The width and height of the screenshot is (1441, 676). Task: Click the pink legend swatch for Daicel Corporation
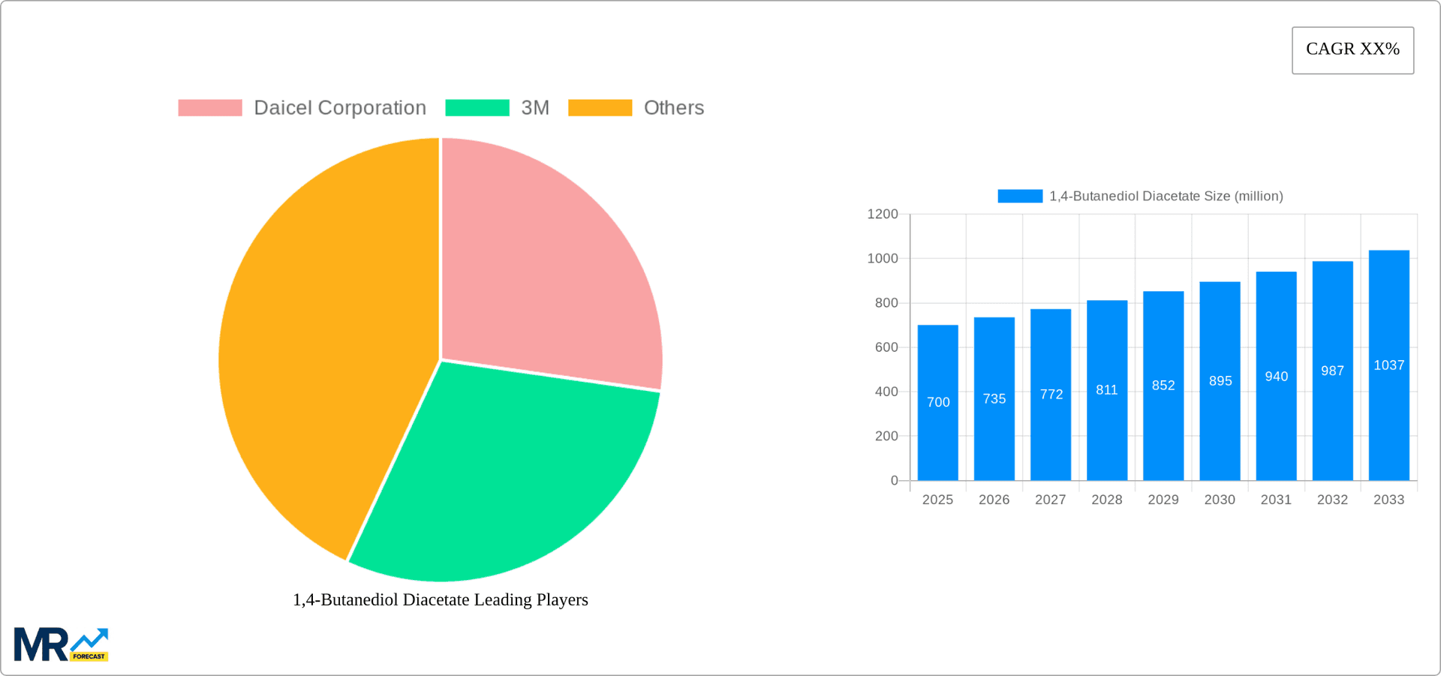pyautogui.click(x=210, y=108)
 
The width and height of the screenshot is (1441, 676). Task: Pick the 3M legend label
pyautogui.click(x=535, y=108)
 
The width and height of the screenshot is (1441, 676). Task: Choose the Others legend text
pyautogui.click(x=673, y=108)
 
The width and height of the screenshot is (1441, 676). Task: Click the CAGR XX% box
pyautogui.click(x=1352, y=50)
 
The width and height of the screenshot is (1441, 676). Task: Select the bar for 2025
pyautogui.click(x=937, y=420)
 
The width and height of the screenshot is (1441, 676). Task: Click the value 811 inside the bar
pyautogui.click(x=1106, y=390)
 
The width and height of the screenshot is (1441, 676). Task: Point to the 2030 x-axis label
pyautogui.click(x=1220, y=500)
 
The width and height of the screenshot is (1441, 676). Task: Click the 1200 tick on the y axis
pyautogui.click(x=883, y=215)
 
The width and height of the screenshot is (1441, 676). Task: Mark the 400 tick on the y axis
pyautogui.click(x=886, y=392)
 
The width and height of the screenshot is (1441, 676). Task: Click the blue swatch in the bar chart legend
pyautogui.click(x=1020, y=197)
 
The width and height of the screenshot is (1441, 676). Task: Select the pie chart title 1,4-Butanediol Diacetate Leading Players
pyautogui.click(x=440, y=599)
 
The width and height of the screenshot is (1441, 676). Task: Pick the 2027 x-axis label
pyautogui.click(x=1050, y=500)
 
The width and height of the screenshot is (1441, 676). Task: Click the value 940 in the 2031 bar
pyautogui.click(x=1276, y=377)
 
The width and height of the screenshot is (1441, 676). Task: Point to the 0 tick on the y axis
pyautogui.click(x=894, y=480)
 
